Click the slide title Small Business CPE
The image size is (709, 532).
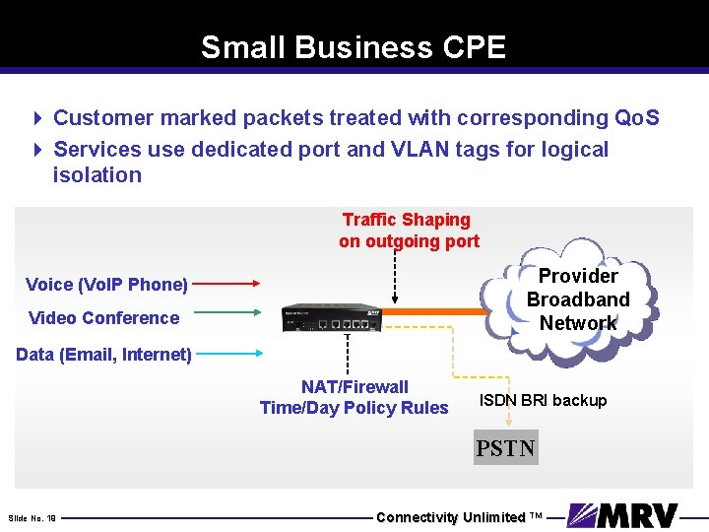pos(354,47)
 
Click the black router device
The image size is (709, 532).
pos(332,317)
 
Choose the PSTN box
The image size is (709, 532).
pos(506,448)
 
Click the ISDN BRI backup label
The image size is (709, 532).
pos(543,400)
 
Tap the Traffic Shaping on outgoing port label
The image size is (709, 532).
pos(409,230)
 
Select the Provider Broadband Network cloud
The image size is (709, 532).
pos(578,299)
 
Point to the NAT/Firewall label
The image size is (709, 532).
pos(354,387)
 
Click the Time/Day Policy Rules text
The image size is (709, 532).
pos(354,408)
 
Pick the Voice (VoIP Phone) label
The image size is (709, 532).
pos(106,285)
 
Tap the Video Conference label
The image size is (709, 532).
pos(104,317)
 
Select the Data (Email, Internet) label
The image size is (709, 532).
pos(103,354)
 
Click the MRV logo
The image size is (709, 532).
pos(623,516)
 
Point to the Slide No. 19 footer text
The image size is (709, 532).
pos(32,517)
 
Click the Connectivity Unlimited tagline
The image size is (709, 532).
pos(459,517)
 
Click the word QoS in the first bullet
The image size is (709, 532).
pos(636,118)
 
